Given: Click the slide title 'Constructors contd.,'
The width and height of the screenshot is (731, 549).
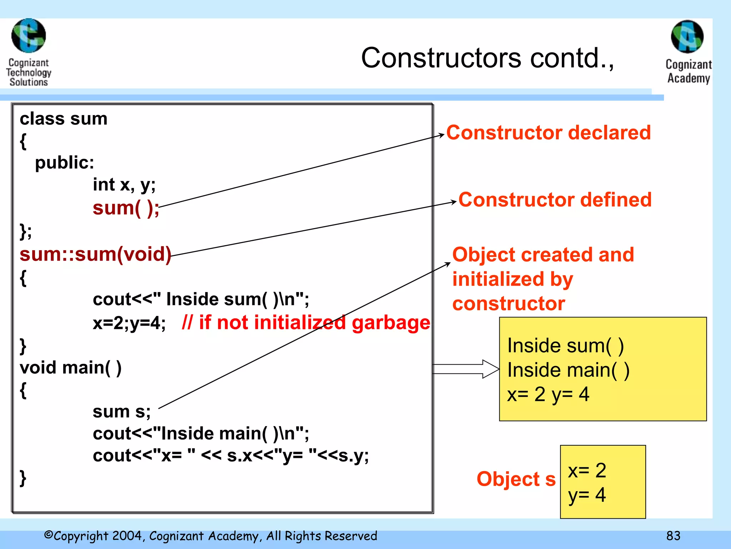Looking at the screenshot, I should click(x=487, y=58).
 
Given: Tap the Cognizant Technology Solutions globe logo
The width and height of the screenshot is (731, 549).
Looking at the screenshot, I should click(x=29, y=36).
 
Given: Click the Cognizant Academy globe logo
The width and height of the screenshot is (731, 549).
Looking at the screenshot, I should click(x=687, y=36).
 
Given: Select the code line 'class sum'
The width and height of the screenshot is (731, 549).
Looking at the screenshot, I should click(x=64, y=119).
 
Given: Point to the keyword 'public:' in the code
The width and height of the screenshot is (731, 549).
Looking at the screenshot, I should click(x=65, y=163).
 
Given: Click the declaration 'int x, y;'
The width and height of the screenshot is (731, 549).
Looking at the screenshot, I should click(x=124, y=185).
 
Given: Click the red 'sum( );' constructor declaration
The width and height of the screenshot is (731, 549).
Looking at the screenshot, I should click(x=126, y=208).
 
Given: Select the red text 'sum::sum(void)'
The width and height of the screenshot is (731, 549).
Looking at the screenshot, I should click(x=95, y=254).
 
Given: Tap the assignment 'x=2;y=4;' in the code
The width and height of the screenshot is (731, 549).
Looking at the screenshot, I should click(x=129, y=323).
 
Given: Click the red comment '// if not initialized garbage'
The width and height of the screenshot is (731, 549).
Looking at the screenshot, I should click(x=306, y=323).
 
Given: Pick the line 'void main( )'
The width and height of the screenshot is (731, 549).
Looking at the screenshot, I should click(x=71, y=368).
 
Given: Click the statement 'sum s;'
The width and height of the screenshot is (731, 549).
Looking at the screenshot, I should click(x=122, y=411).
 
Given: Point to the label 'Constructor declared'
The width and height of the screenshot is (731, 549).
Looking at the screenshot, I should click(x=548, y=133).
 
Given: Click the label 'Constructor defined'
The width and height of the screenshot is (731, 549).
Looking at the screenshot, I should click(x=555, y=199).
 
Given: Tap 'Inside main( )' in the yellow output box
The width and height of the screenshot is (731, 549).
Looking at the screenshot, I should click(x=568, y=370).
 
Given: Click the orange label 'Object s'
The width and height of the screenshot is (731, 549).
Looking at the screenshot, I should click(x=516, y=479).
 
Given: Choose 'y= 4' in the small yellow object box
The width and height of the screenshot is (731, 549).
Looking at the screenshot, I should click(x=587, y=495).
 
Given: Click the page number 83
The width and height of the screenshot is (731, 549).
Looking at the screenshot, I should click(x=673, y=536).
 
